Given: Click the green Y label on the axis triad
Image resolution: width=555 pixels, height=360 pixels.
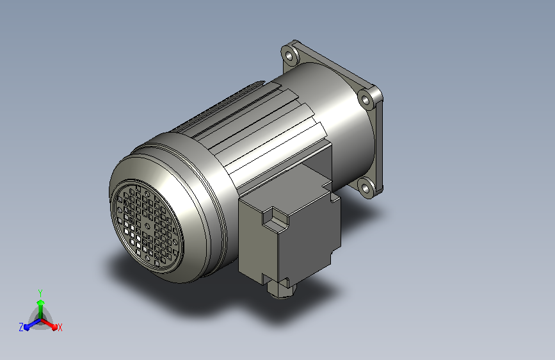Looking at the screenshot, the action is pyautogui.click(x=40, y=293).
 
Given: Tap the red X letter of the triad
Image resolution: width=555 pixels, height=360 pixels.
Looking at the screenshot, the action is pyautogui.click(x=60, y=327).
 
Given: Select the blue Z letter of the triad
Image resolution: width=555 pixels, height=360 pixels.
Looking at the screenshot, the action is pyautogui.click(x=21, y=327).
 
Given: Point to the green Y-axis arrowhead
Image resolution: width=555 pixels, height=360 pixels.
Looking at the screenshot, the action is pyautogui.click(x=41, y=303).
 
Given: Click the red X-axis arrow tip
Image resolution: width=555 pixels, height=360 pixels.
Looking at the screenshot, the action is pyautogui.click(x=54, y=327).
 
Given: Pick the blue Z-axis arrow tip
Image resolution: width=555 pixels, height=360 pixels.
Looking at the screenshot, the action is pyautogui.click(x=27, y=328).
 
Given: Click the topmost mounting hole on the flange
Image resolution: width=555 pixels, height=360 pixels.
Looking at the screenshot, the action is pyautogui.click(x=289, y=56).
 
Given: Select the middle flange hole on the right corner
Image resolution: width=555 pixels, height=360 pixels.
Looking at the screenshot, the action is pyautogui.click(x=366, y=99).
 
